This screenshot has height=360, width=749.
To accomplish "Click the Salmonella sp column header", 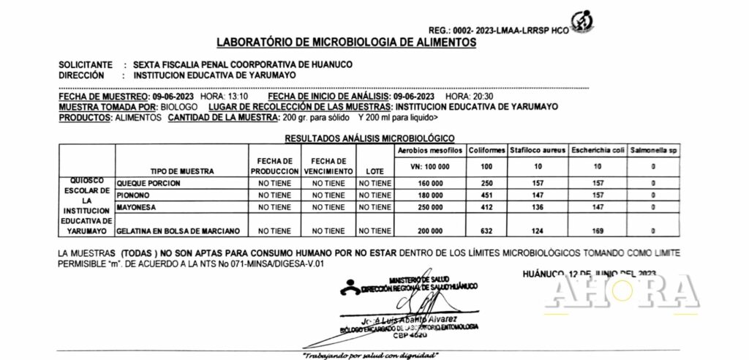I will click(653, 150).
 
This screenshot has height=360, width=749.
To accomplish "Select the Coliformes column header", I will click(487, 150).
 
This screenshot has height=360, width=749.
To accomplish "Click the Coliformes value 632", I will click(487, 231).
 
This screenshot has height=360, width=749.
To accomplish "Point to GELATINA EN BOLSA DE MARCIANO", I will click(179, 231).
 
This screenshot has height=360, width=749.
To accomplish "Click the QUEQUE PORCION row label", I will click(148, 182).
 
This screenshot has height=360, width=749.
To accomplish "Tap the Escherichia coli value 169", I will click(597, 231).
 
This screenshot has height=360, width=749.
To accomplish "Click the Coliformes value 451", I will click(487, 195).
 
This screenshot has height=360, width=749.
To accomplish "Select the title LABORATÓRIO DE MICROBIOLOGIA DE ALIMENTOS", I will click(347, 42).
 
